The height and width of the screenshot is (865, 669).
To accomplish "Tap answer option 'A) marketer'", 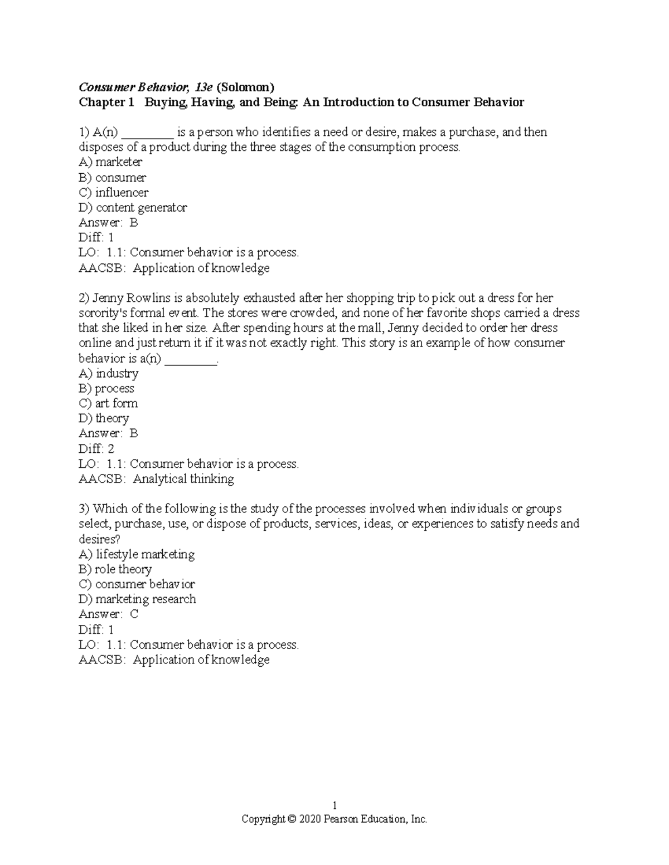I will pyautogui.click(x=110, y=162).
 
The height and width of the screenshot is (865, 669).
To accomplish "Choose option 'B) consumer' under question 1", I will pyautogui.click(x=113, y=178).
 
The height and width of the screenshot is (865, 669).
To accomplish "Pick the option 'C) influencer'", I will pyautogui.click(x=114, y=193).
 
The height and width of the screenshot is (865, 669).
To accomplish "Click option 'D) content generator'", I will pyautogui.click(x=133, y=208).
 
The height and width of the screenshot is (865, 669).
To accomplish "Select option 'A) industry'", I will pyautogui.click(x=109, y=373).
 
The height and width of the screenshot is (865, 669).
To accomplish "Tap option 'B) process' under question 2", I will pyautogui.click(x=106, y=388).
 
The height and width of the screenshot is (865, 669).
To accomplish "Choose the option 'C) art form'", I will pyautogui.click(x=108, y=403).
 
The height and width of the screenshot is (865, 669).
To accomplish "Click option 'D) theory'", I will pyautogui.click(x=104, y=418).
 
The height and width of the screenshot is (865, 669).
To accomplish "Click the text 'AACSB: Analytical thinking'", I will pyautogui.click(x=156, y=478).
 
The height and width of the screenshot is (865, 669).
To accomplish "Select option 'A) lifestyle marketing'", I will pyautogui.click(x=137, y=554).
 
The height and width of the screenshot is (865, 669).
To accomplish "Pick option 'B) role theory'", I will pyautogui.click(x=115, y=569).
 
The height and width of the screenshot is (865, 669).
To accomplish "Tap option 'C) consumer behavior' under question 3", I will pyautogui.click(x=137, y=584).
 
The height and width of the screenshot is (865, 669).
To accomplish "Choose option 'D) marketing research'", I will pyautogui.click(x=137, y=599).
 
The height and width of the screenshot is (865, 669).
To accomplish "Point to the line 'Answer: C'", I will pyautogui.click(x=108, y=614).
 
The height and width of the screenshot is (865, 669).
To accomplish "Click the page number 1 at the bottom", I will pyautogui.click(x=334, y=805).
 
